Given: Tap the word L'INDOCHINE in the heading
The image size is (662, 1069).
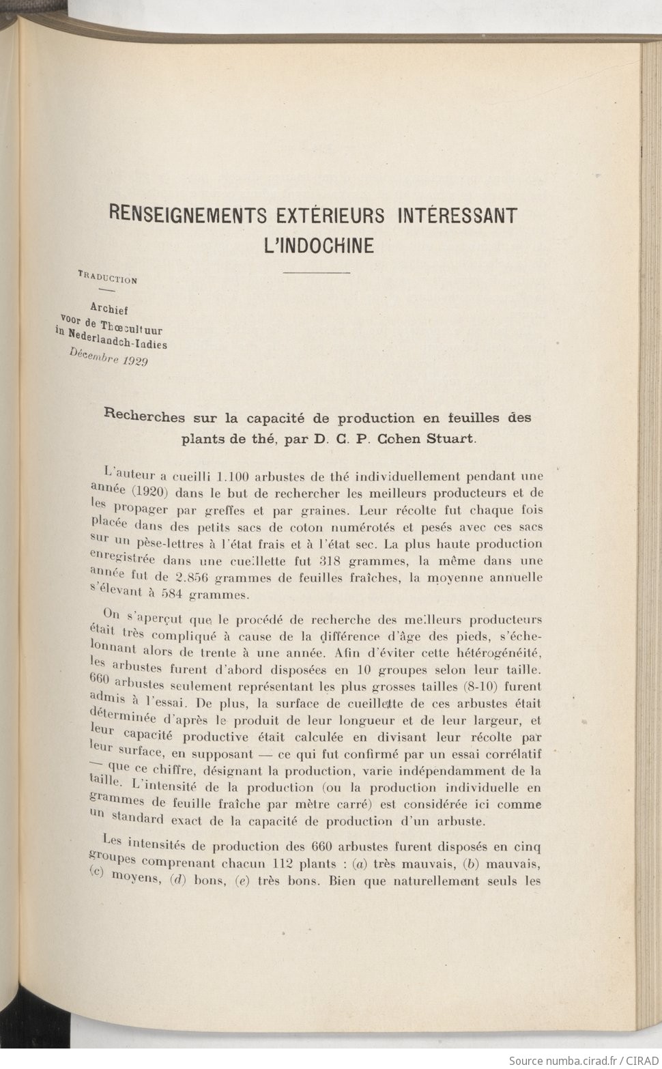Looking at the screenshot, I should pos(319,245).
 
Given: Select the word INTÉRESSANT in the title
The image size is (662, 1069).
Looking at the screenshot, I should pos(457,216).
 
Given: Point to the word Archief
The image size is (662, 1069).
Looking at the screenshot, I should pos(109,308).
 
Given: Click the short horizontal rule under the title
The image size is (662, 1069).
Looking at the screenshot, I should pos(316,273).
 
